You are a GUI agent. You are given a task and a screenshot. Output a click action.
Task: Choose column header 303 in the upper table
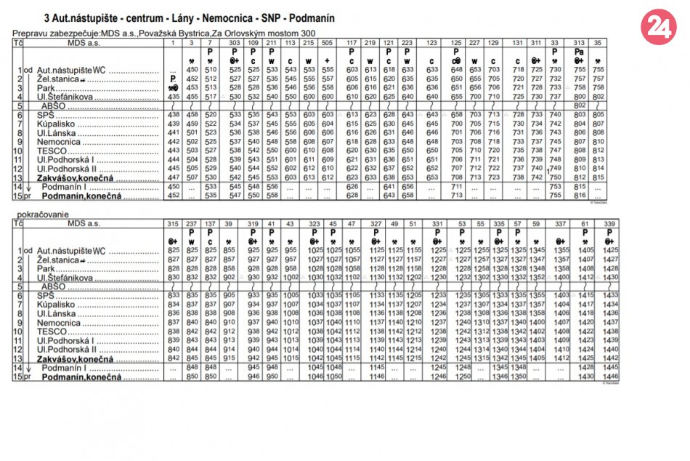(x=235, y=44)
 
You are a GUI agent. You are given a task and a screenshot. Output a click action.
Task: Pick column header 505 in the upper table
(x=328, y=44)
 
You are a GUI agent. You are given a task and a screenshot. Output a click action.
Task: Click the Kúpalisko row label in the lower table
(x=57, y=304)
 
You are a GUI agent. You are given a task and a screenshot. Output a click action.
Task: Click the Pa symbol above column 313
(x=580, y=52)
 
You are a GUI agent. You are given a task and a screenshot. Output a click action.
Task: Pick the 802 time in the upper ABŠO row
(x=580, y=105)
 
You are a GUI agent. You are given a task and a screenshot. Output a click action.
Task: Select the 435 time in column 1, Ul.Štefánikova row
(x=173, y=96)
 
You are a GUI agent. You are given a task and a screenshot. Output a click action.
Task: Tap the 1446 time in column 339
(x=610, y=377)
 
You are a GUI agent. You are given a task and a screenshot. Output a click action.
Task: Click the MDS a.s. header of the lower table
(x=81, y=223)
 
